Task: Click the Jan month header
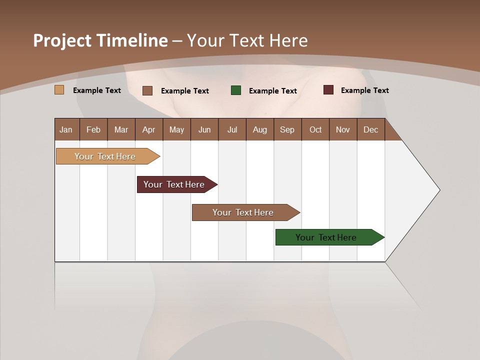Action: (x=66, y=129)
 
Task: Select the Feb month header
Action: (x=93, y=129)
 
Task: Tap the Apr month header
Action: (x=149, y=129)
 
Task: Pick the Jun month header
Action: (x=204, y=129)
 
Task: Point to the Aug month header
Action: (x=260, y=129)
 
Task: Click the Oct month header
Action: (x=315, y=129)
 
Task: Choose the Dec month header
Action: (x=371, y=129)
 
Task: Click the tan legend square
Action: (x=59, y=90)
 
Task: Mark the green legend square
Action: (x=236, y=90)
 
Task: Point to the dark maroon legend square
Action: (x=328, y=90)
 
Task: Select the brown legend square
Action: (x=147, y=90)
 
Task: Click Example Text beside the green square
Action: (x=273, y=91)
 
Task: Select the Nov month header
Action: (x=343, y=129)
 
